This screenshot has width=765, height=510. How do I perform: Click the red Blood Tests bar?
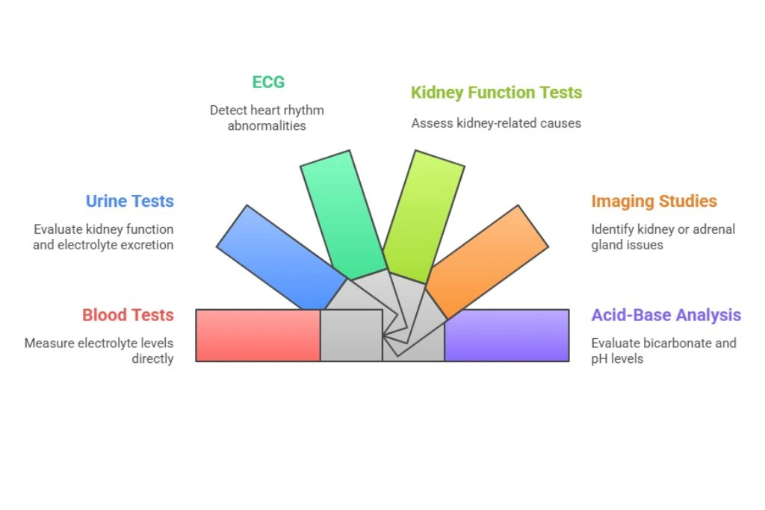coord(258,335)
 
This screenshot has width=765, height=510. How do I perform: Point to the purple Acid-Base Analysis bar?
coord(507,335)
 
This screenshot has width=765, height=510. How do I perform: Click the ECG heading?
coord(268,81)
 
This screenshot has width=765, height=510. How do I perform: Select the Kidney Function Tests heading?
coord(496,93)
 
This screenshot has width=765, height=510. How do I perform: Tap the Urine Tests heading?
coord(129,201)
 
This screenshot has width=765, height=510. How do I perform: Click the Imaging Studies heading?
coord(654,201)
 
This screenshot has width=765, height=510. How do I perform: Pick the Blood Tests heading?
coord(128,315)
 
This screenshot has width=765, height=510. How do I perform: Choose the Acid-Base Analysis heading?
coord(666,315)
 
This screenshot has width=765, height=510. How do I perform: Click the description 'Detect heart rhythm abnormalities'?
coord(267,118)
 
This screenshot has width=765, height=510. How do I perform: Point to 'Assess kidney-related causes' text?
coord(496,123)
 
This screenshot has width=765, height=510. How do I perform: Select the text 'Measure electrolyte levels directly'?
coord(99,351)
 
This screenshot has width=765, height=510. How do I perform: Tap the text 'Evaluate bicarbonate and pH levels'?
coord(663,351)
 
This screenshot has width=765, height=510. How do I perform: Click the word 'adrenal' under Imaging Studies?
coord(713,229)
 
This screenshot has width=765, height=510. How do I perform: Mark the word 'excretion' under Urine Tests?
coord(147,245)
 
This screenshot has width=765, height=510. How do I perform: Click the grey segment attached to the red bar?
coord(351,335)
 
